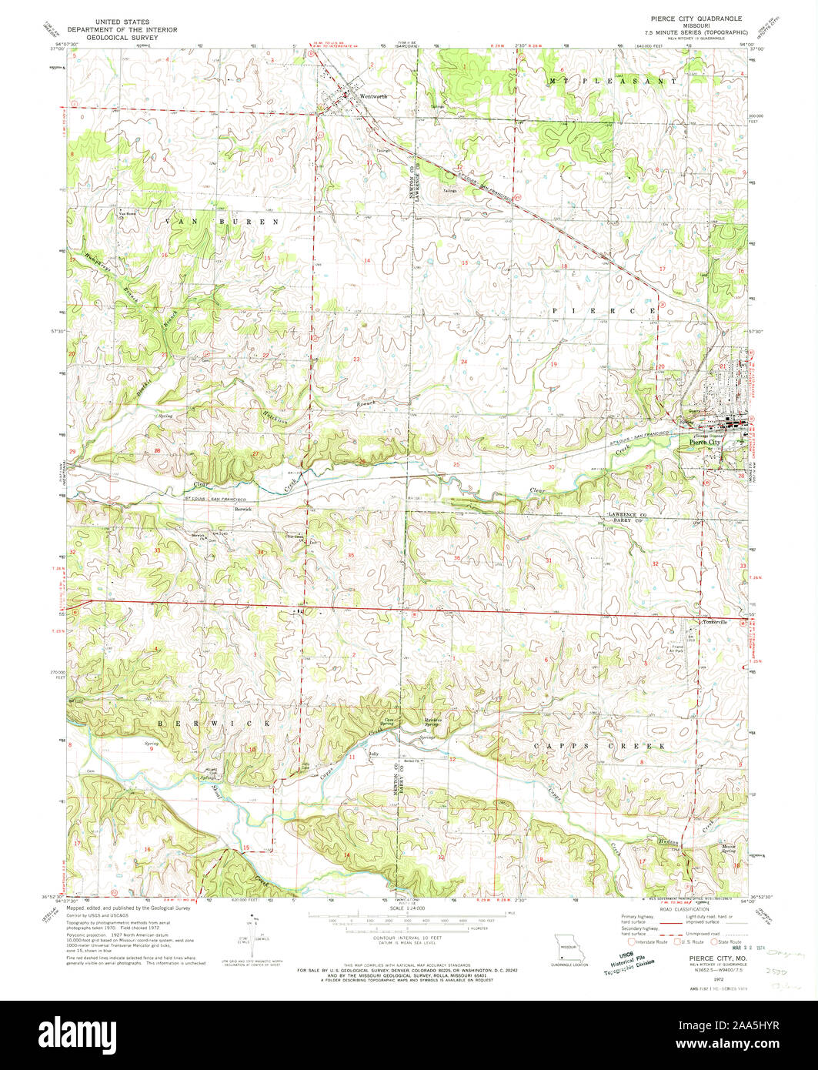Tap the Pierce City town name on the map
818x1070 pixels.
(x=705, y=443)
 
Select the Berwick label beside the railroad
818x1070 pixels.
(x=244, y=509)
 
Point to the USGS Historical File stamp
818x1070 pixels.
(x=635, y=963)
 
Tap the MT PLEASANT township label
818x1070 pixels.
(x=613, y=81)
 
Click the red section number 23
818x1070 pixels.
(x=356, y=359)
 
